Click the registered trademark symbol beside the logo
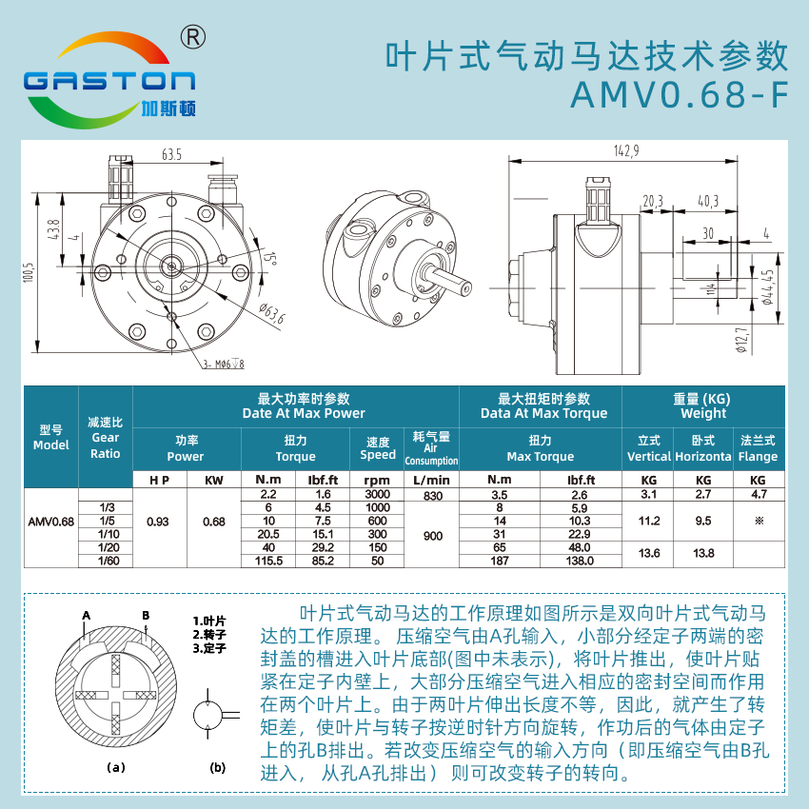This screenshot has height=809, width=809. pyautogui.click(x=193, y=37)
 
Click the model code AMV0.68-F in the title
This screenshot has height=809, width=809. pyautogui.click(x=680, y=95)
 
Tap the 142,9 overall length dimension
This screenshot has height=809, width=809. pyautogui.click(x=626, y=150)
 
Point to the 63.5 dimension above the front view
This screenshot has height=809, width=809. pyautogui.click(x=172, y=154)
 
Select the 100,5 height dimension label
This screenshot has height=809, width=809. pyautogui.click(x=28, y=272)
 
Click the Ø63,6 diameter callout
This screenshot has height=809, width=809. pyautogui.click(x=272, y=313)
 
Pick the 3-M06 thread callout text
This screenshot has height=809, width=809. pyautogui.click(x=223, y=365)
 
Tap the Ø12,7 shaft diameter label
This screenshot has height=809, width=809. pyautogui.click(x=742, y=341)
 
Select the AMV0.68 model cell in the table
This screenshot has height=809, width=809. pyautogui.click(x=51, y=522)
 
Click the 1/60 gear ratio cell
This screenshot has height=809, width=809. pyautogui.click(x=109, y=561)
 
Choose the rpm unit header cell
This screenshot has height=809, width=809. pyautogui.click(x=377, y=481)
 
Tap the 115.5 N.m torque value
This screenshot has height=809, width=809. pyautogui.click(x=268, y=561)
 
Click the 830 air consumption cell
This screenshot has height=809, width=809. pyautogui.click(x=433, y=496)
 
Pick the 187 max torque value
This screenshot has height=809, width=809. pyautogui.click(x=500, y=561)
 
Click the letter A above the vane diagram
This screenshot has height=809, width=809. pyautogui.click(x=87, y=616)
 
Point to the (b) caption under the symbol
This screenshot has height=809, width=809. pyautogui.click(x=218, y=767)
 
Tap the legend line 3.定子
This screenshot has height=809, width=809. pyautogui.click(x=209, y=648)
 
